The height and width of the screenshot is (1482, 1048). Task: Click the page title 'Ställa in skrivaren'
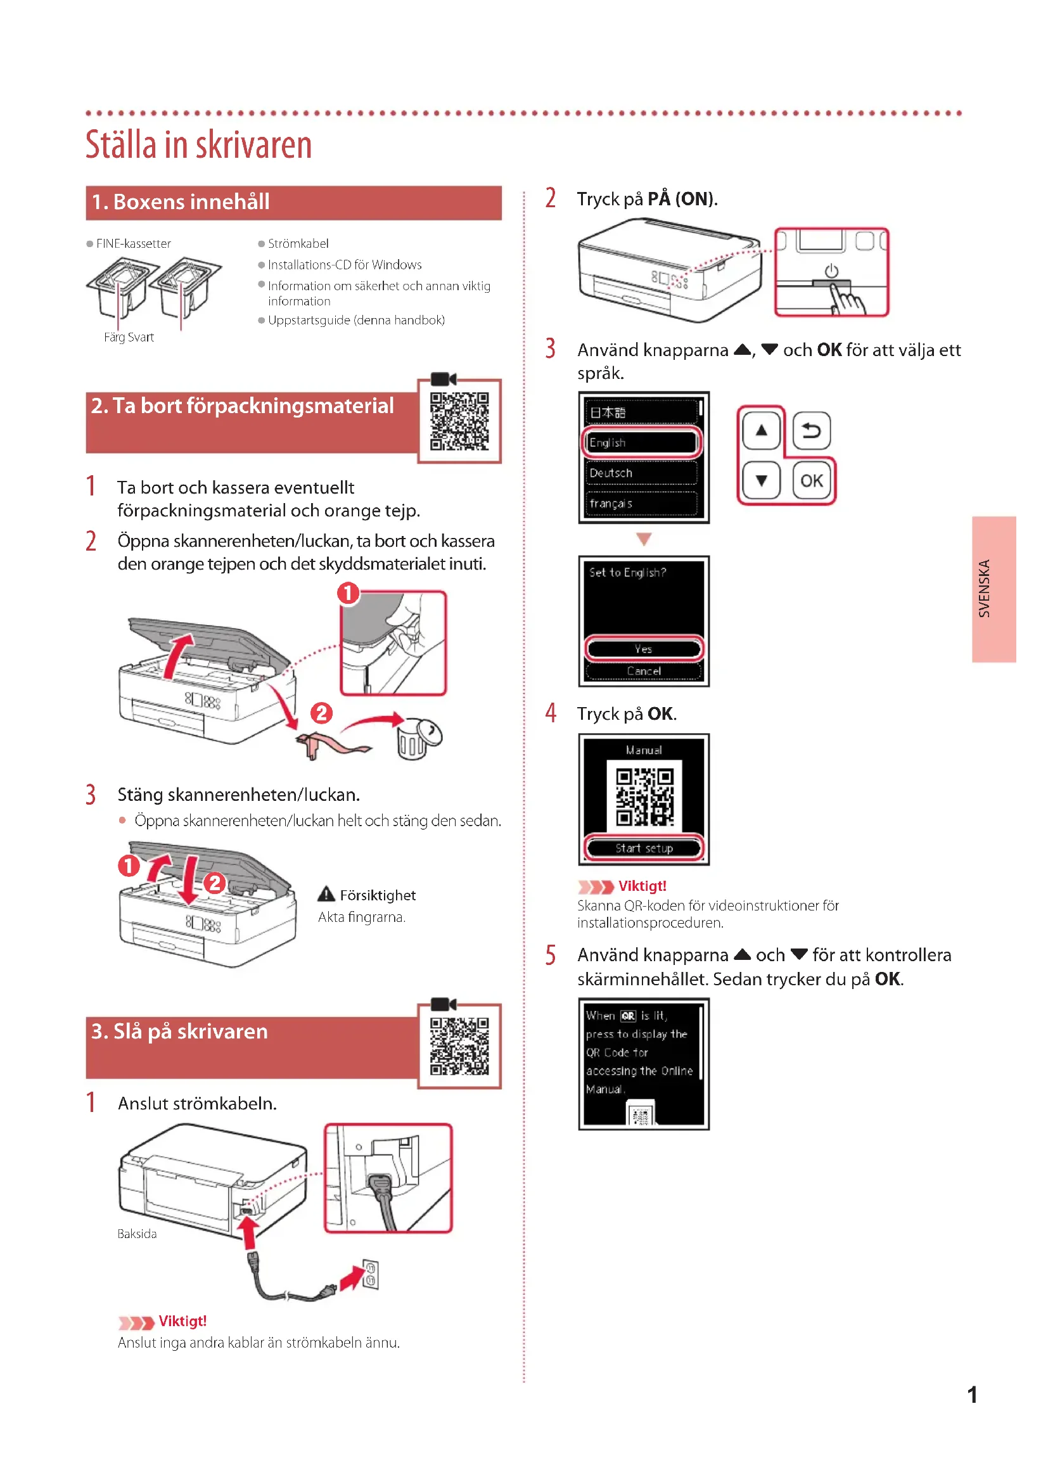coord(198,144)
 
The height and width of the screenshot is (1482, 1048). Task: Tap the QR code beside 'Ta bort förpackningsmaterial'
coord(459,421)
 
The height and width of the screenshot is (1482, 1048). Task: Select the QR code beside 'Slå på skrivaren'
coord(459,1046)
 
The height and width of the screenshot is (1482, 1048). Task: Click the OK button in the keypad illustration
coord(811,480)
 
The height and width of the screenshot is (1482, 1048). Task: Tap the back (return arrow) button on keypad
coord(811,430)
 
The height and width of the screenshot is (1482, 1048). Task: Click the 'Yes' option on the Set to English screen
coord(643,649)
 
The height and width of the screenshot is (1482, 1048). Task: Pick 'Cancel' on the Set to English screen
coord(643,671)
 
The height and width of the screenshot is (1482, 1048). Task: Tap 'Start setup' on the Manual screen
coord(643,848)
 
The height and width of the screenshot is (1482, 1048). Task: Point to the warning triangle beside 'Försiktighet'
coord(326,894)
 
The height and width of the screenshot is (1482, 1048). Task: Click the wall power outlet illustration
coord(371,1274)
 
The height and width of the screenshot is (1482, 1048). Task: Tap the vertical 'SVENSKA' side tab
coord(994,589)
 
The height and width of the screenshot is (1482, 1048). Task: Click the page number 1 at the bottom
coord(972,1395)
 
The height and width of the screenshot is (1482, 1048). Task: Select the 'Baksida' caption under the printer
coord(137,1234)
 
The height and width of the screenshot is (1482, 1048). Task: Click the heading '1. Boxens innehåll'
coord(181,202)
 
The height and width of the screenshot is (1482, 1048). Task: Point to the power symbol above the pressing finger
coord(831,271)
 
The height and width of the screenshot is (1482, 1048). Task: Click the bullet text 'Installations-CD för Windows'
coord(345,265)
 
